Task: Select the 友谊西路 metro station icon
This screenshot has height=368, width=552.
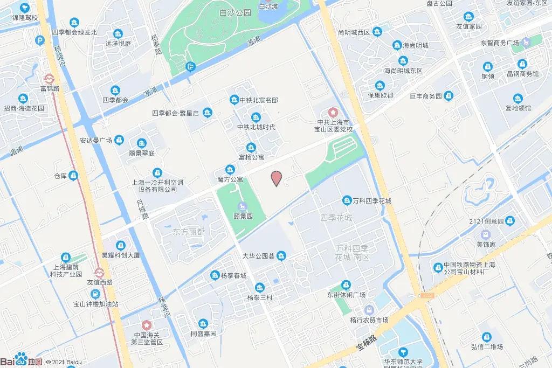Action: click(100, 273)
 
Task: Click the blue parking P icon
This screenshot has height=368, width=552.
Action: click(40, 40)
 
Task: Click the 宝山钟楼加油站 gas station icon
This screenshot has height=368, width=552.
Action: click(95, 294)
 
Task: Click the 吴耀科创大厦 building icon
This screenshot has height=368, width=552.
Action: click(120, 246)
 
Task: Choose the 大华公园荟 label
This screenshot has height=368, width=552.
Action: click(259, 256)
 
